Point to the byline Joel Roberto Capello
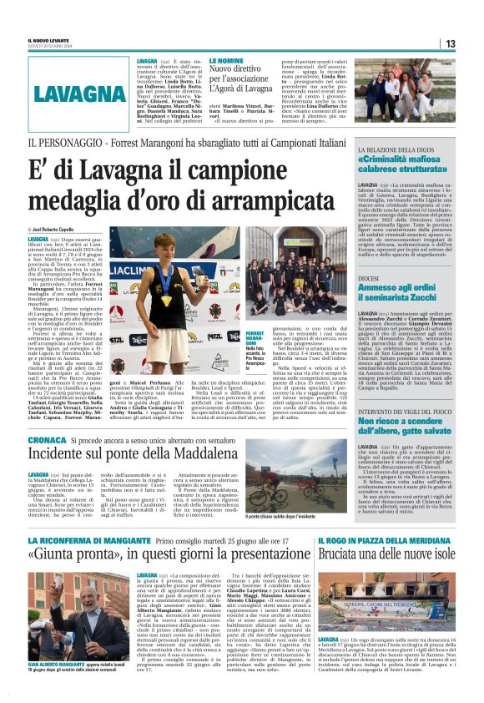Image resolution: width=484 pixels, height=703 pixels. [53, 228]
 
